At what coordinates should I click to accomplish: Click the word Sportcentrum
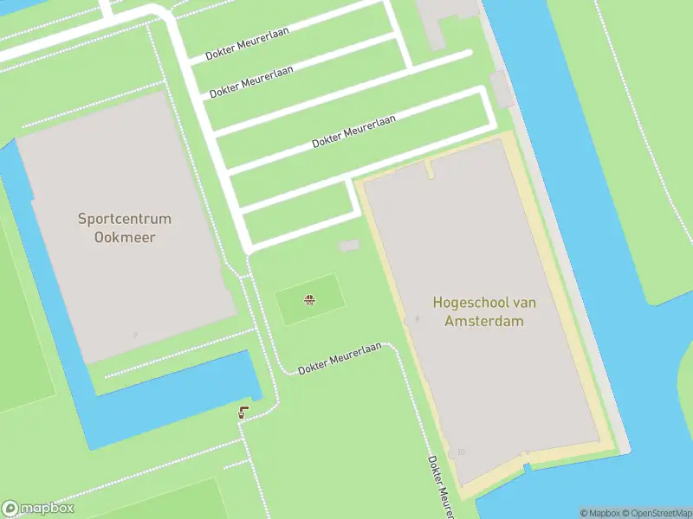point(125,219)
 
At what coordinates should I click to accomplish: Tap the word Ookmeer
point(125,236)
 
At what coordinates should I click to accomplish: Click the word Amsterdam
point(484,321)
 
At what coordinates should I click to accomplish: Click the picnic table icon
point(308,300)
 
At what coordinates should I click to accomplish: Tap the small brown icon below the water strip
point(243,413)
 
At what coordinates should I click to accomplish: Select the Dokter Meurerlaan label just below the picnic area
point(340,358)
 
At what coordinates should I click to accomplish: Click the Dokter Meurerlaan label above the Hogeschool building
point(353,131)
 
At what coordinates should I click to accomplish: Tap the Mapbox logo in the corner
point(38,509)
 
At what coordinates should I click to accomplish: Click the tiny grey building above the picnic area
point(348,247)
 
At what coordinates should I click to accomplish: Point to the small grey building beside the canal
point(502,89)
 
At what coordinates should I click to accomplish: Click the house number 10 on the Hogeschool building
point(461,452)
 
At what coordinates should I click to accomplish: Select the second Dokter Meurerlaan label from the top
point(251,80)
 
